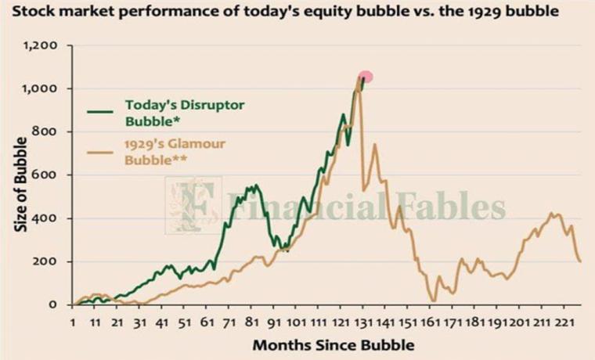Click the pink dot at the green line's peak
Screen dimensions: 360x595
pos(365,77)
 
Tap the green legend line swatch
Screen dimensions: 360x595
pos(99,111)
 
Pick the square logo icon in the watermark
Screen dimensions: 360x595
pos(193,205)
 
